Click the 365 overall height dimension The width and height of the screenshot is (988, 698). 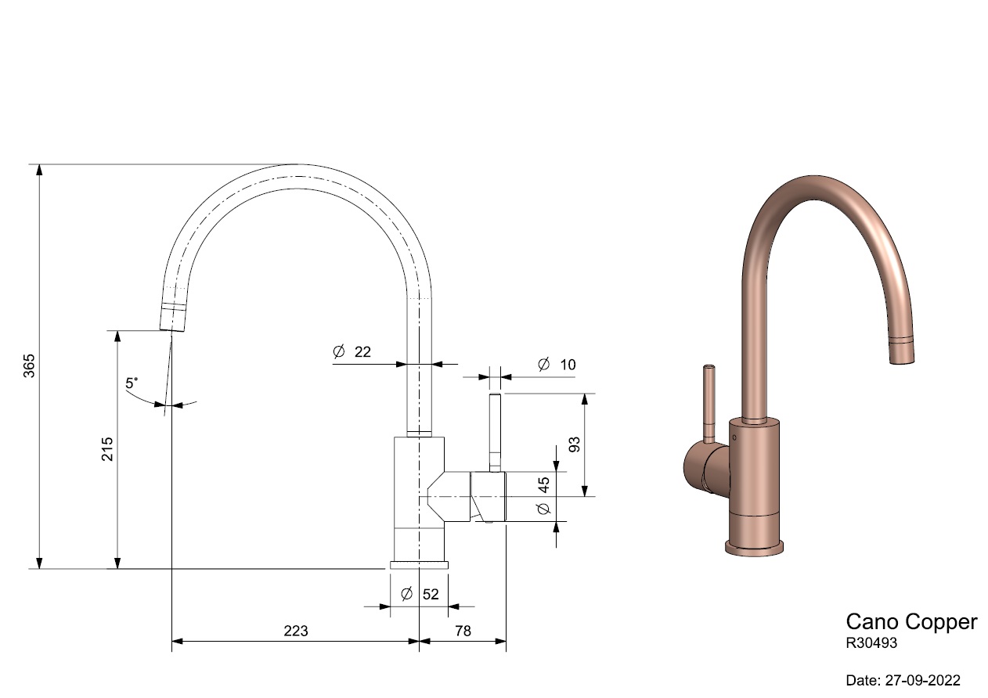point(29,365)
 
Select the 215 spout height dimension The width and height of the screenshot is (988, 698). point(107,449)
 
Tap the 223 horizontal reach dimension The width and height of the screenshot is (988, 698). point(295,631)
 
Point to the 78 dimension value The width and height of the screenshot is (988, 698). point(463,631)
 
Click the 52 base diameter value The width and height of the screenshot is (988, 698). point(431,595)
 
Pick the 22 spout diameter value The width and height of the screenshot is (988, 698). point(362,352)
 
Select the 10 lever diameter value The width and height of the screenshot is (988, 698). point(568,365)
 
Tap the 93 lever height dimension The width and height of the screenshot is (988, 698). point(575,444)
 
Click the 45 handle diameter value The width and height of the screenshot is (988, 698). point(544,484)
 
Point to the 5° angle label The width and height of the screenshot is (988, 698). point(132,383)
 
